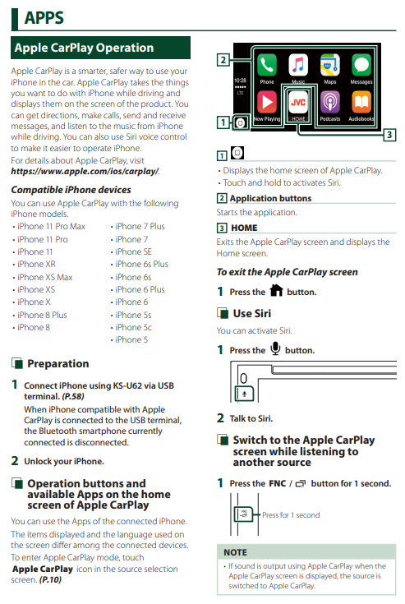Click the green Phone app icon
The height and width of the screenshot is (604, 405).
coord(267,64)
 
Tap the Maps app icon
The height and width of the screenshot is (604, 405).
coord(330,64)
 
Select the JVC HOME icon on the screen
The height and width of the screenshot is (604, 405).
coord(298,103)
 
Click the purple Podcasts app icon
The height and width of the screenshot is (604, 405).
coord(330,103)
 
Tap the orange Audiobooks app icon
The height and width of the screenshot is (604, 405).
coord(361,103)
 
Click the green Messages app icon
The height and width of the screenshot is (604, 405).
coord(361,64)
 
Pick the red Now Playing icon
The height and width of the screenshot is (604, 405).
coord(267,103)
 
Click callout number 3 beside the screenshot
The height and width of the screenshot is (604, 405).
coord(389,135)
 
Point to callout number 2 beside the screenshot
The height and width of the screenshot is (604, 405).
coord(223,60)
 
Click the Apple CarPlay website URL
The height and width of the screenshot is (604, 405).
coord(85,172)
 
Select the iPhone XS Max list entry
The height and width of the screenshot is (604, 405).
coord(44,278)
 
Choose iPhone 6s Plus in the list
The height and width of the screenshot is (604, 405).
coord(141,265)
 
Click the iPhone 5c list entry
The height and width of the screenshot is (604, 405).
coord(133,327)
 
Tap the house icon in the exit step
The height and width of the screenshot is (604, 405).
coord(276,290)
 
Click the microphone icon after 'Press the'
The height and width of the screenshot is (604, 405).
coord(275,348)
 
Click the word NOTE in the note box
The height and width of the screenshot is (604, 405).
coord(235,552)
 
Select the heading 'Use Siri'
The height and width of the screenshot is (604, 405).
coord(251,314)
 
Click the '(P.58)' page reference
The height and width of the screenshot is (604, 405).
coord(73,396)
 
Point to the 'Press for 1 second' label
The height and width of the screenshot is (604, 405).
coord(291,515)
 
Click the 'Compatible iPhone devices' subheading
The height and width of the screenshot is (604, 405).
coord(71,190)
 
